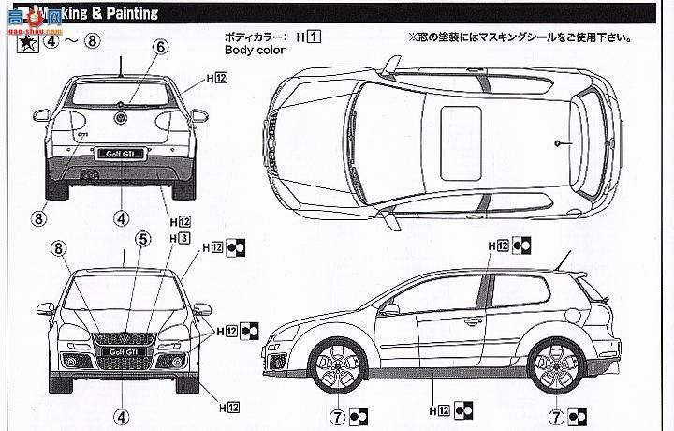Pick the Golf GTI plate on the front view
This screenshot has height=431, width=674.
(x=120, y=353)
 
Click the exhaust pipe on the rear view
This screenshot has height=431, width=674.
(x=91, y=175)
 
